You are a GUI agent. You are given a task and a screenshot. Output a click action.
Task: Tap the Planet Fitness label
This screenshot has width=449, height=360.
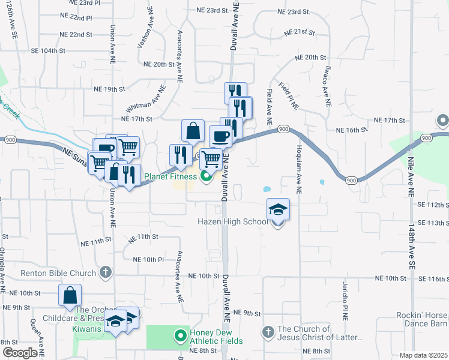click(170, 177)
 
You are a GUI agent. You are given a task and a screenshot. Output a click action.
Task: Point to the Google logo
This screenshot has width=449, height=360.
click(20, 353)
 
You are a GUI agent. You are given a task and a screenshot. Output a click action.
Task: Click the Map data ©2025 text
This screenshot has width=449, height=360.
click(423, 355)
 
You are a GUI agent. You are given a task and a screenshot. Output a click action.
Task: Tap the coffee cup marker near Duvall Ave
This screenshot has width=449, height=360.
click(220, 136)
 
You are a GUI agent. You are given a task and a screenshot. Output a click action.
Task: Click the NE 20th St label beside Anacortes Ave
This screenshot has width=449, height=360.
click(159, 64)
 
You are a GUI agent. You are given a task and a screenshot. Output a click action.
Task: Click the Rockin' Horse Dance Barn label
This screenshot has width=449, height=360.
click(422, 319)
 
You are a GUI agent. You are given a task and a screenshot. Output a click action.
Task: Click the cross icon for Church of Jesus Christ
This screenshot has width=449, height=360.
click(268, 331)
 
